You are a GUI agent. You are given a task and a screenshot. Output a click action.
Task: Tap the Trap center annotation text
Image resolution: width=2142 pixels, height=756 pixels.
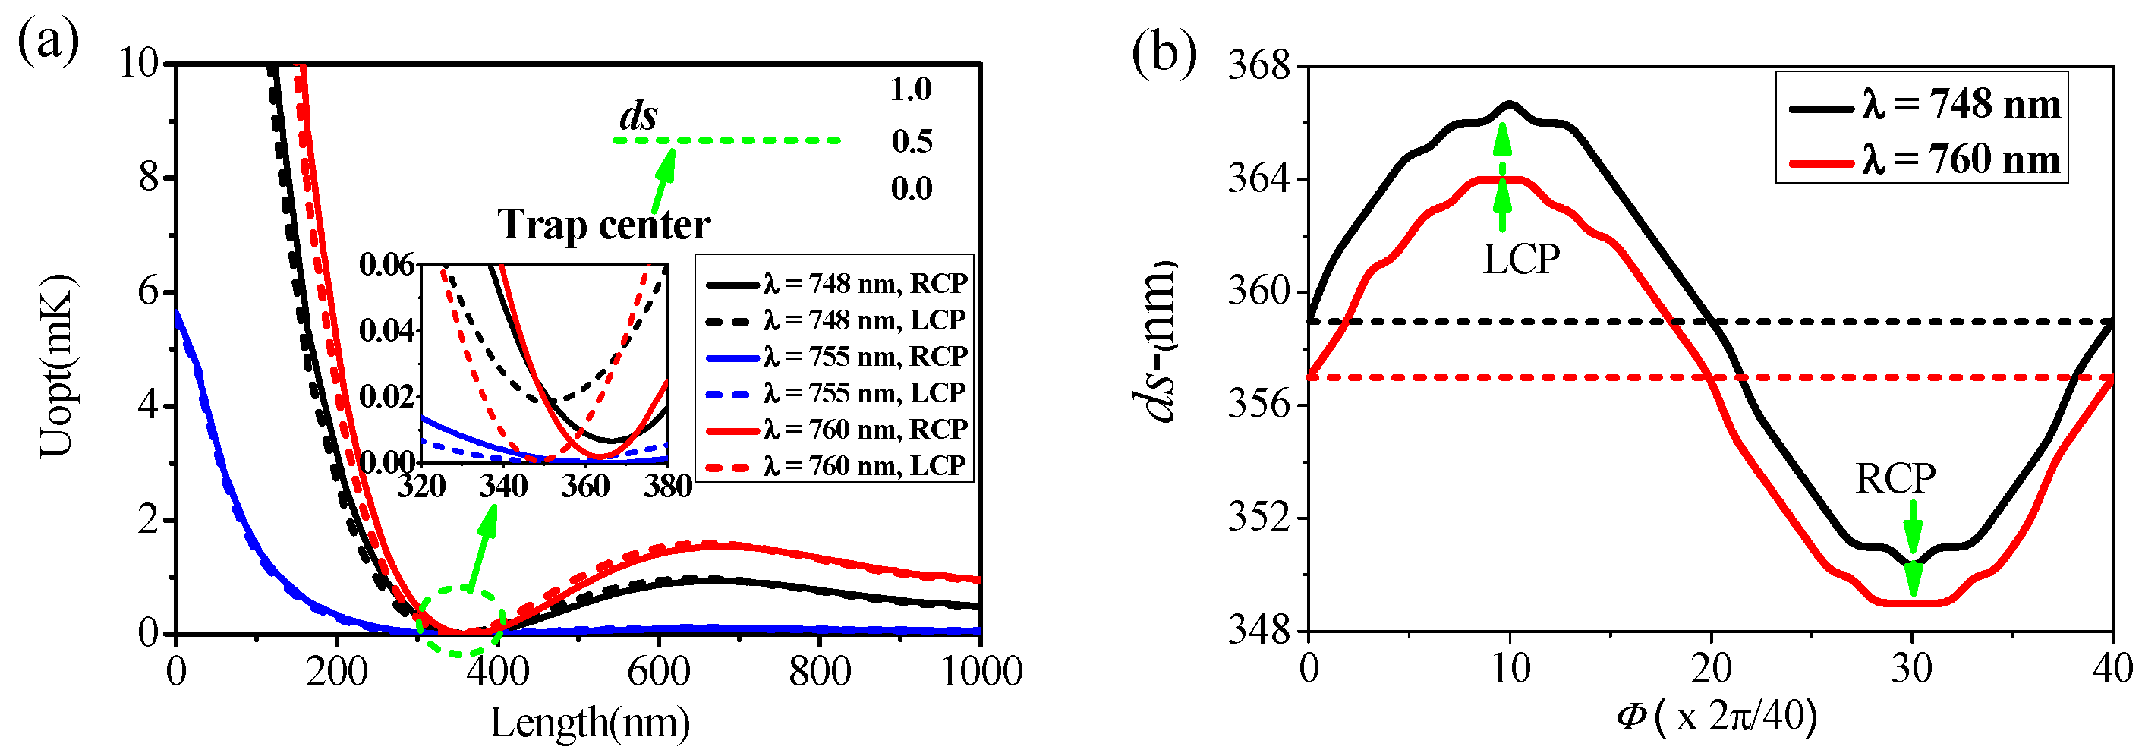[603, 225]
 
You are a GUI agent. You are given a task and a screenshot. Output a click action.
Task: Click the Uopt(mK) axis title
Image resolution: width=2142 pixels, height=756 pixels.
[58, 366]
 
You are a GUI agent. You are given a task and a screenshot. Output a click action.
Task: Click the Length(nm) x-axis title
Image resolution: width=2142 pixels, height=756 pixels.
[590, 722]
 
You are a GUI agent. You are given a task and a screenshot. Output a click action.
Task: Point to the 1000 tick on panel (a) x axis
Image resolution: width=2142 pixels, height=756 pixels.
[981, 671]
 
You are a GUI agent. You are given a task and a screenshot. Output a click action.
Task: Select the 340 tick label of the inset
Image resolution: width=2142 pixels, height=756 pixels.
[503, 486]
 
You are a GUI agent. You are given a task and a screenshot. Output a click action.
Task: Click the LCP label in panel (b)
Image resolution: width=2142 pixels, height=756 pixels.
[1521, 260]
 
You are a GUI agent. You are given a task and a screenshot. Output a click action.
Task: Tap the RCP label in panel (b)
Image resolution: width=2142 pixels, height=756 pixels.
[1895, 479]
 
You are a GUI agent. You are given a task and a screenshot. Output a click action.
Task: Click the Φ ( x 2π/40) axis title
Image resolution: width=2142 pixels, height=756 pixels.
[1716, 715]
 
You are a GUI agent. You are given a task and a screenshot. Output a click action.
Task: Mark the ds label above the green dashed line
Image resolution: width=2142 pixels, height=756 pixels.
[638, 115]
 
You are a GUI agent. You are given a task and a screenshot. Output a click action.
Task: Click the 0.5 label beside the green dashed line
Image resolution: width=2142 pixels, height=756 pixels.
[912, 141]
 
